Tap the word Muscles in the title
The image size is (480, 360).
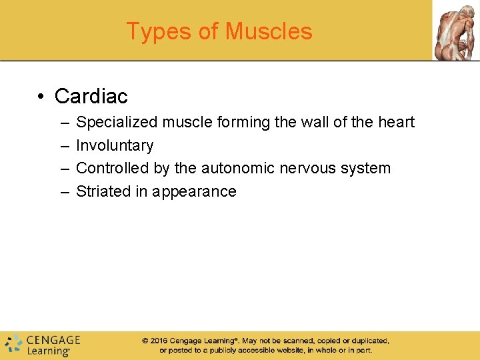click(269, 31)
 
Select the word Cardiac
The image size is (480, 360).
click(91, 96)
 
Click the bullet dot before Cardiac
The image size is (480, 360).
click(41, 97)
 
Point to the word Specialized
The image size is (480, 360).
click(117, 123)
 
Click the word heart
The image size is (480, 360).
click(396, 122)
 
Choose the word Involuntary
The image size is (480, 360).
click(115, 145)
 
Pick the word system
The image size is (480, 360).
click(366, 168)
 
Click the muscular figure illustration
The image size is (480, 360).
click(456, 30)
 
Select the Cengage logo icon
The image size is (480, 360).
click(13, 344)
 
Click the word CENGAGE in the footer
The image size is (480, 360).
click(53, 339)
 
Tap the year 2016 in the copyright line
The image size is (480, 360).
click(158, 341)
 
